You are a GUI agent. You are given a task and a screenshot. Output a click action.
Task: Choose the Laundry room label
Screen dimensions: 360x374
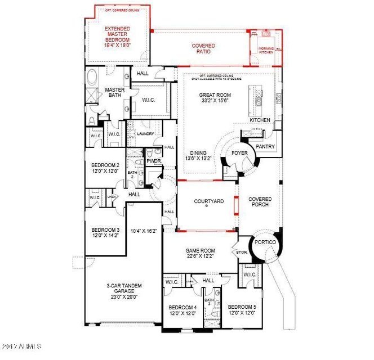point(145,134)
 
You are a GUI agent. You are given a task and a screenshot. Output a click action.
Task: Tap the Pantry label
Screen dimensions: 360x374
point(264,147)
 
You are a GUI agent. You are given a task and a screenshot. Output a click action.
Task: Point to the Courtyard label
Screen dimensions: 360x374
point(207,201)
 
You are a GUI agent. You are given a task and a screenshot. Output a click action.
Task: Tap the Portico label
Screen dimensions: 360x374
point(266,242)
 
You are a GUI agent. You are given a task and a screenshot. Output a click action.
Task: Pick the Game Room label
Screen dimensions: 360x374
point(200,253)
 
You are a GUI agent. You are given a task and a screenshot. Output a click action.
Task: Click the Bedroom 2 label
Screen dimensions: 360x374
point(105,168)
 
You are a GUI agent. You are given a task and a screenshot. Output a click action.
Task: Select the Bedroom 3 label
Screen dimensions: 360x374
point(105,233)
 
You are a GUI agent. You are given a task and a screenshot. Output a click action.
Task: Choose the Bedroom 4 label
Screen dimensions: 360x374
point(182,310)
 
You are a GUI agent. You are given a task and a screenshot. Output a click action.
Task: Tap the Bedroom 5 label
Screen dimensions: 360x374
point(242,310)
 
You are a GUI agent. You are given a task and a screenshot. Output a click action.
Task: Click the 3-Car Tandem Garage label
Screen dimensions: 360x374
point(120,290)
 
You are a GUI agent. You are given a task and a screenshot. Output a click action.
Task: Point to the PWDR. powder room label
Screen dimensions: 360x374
point(154,160)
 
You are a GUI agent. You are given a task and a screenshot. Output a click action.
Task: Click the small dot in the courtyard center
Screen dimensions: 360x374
point(207,206)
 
